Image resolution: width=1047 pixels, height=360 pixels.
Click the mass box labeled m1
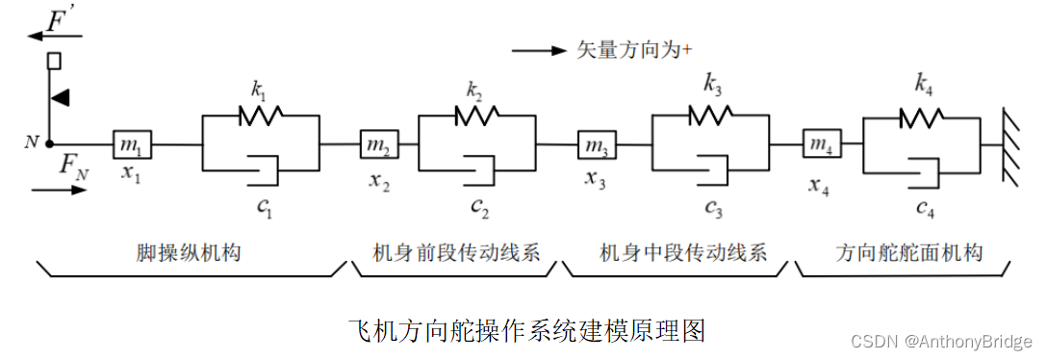point(131,144)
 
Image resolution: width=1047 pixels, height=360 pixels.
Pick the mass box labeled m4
point(819,144)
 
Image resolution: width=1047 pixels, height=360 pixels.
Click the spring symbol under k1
point(260,116)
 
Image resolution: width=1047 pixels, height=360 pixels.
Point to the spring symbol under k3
point(711,116)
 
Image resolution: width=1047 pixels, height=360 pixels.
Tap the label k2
point(473,91)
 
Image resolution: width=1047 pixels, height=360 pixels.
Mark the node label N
point(32,142)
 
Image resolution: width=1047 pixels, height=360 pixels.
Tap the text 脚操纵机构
point(189,253)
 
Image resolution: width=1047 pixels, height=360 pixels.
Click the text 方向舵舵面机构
point(908,253)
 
